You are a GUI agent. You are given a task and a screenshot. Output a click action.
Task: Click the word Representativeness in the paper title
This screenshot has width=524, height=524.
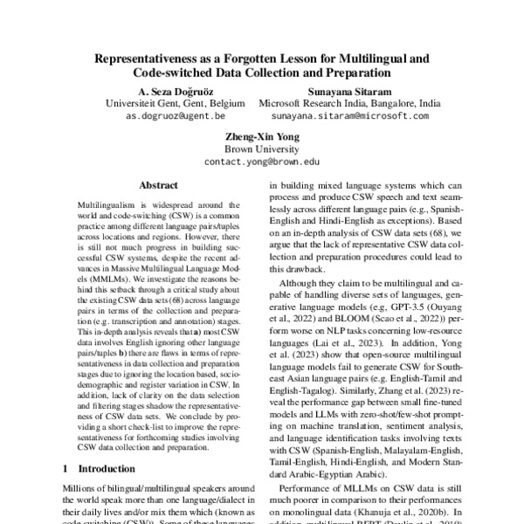pyautogui.click(x=146, y=59)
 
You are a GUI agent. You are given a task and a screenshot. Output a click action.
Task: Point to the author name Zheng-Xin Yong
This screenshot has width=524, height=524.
pyautogui.click(x=262, y=136)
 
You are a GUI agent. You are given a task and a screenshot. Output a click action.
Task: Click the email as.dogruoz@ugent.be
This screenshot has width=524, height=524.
pyautogui.click(x=176, y=115)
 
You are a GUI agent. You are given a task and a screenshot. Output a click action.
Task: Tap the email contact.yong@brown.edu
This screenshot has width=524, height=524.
pyautogui.click(x=262, y=162)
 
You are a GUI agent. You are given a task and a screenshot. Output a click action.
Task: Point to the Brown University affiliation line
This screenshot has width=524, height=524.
pyautogui.click(x=262, y=148)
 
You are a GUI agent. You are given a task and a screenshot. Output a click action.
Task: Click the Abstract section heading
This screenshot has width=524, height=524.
pyautogui.click(x=158, y=185)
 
